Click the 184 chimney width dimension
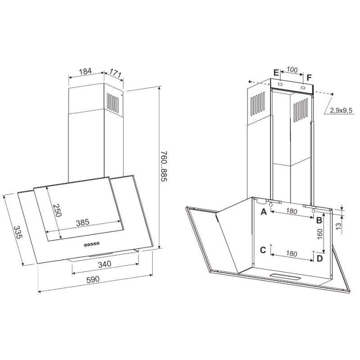85,71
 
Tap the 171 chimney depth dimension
115,72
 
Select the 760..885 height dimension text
164,166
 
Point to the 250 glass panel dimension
57,210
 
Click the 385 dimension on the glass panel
82,222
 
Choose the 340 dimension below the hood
104,264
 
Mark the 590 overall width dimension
93,279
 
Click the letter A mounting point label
264,211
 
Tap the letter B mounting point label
319,220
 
